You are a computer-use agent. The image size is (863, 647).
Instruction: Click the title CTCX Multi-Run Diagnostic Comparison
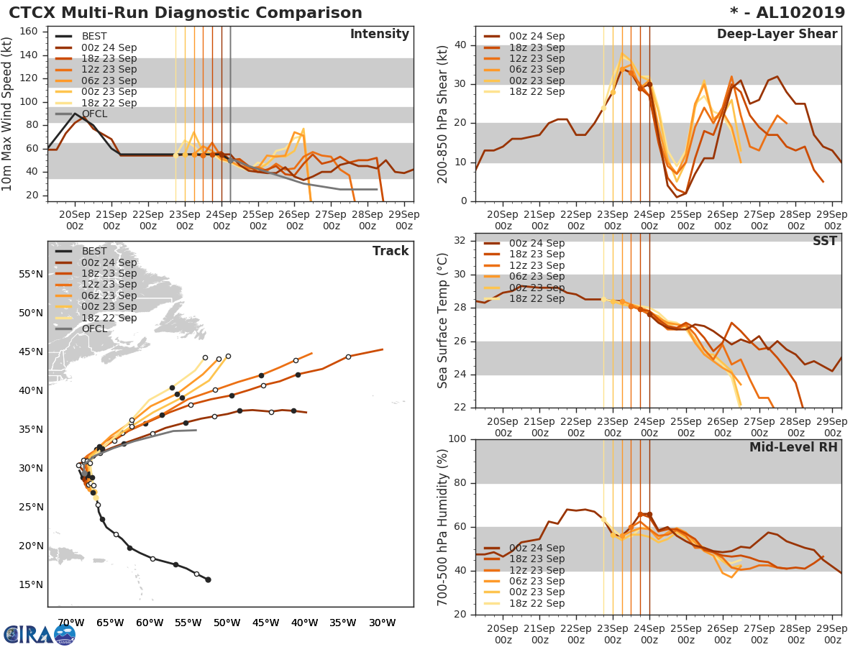pyautogui.click(x=186, y=13)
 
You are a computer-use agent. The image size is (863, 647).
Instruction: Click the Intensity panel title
pyautogui.click(x=379, y=35)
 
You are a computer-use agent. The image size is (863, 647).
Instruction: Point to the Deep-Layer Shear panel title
pyautogui.click(x=777, y=35)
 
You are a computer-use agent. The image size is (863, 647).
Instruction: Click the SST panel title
pyautogui.click(x=825, y=242)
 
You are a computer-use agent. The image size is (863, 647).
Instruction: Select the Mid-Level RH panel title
pyautogui.click(x=793, y=448)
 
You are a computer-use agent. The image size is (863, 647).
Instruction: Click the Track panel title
pyautogui.click(x=391, y=252)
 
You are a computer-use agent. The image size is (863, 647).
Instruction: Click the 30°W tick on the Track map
pyautogui.click(x=381, y=623)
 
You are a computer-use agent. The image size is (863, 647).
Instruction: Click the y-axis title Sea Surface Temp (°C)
pyautogui.click(x=443, y=320)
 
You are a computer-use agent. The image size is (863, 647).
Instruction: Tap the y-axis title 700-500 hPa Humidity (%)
pyautogui.click(x=443, y=526)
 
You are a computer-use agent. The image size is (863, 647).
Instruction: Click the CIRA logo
pyautogui.click(x=40, y=634)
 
